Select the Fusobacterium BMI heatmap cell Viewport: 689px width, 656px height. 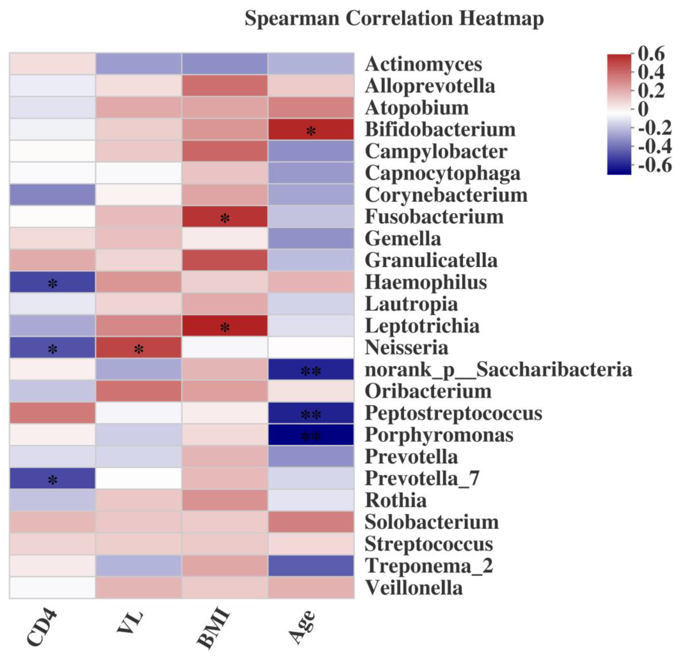coord(225,217)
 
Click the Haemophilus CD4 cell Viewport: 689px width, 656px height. coord(52,282)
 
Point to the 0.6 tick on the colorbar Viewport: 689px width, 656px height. coord(651,54)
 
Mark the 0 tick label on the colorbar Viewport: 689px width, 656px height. coord(643,109)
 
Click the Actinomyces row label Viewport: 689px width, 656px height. coord(424,64)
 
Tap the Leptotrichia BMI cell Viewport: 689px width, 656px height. coord(225,326)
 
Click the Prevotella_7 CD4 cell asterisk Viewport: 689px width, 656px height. coord(52,480)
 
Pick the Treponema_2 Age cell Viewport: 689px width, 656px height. coord(311,566)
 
